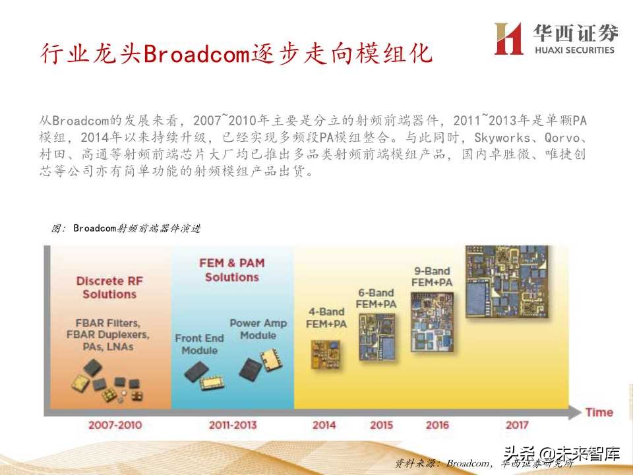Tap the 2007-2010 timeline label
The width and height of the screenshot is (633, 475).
(115, 425)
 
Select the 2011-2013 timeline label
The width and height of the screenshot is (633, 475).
(233, 425)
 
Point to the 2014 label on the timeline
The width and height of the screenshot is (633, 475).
(324, 425)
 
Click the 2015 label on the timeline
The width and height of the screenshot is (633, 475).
(381, 425)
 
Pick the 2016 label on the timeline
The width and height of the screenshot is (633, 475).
(437, 425)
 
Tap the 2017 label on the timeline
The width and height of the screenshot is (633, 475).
(517, 425)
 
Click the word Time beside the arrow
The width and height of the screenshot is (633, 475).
(599, 412)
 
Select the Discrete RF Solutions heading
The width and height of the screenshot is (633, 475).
(109, 288)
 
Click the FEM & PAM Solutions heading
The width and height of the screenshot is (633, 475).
(231, 270)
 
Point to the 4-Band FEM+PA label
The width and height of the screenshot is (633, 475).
(326, 317)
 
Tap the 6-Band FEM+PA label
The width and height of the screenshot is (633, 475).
(376, 298)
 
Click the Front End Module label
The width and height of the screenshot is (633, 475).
(199, 344)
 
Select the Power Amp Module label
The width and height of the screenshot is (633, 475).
(258, 329)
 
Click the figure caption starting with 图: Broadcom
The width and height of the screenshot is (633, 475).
(125, 228)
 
